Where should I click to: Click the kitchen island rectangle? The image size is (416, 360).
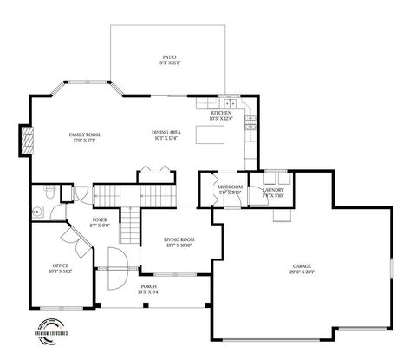click(x=210, y=134)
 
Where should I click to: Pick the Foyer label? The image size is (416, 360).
click(x=99, y=220)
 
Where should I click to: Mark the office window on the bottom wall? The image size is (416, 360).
click(x=59, y=308)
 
